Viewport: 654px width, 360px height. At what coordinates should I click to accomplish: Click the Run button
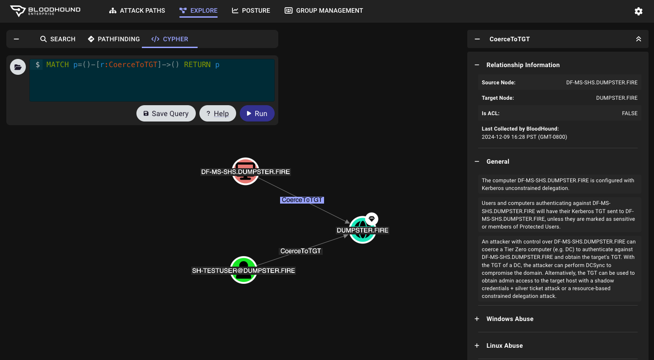coord(257,113)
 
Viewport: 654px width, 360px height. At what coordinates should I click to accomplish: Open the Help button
coord(218,113)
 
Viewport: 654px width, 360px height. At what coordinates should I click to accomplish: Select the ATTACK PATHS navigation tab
coord(137,10)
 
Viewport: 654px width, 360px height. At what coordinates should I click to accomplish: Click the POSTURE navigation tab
coord(251,10)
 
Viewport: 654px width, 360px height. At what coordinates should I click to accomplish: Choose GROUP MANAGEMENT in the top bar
coord(324,10)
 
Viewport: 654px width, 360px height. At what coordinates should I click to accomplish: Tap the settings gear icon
coord(639,11)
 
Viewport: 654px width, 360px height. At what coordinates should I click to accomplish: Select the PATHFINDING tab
coord(114,39)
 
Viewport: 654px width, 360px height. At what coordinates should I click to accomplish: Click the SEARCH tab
coord(58,39)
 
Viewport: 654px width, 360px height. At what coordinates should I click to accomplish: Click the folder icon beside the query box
coord(18,67)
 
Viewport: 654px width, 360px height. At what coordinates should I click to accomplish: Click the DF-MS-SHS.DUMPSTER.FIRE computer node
coord(245,171)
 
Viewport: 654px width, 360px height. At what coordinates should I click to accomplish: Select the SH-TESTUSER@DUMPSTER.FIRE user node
coord(243,270)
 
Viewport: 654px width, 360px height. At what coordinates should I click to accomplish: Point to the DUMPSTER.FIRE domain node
coord(362,230)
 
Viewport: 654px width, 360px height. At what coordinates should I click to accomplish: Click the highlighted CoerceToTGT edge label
coord(302,200)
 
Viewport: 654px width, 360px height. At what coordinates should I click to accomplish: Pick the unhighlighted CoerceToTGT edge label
coord(300,251)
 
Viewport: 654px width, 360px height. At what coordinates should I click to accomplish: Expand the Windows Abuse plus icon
coord(477,319)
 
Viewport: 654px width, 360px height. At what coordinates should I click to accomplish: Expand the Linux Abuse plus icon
coord(477,345)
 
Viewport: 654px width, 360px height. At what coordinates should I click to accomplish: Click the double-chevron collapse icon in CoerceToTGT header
coord(639,39)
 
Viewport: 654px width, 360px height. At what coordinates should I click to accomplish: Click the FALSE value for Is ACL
coord(630,113)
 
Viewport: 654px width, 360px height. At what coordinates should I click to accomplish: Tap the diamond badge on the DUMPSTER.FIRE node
coord(372,219)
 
